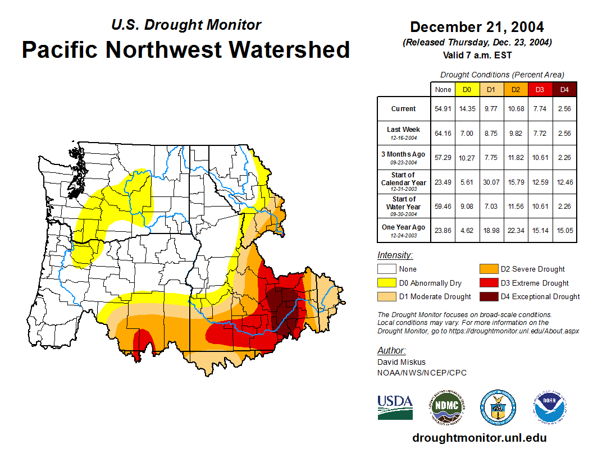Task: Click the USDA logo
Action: point(395,407)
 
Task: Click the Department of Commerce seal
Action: point(498,407)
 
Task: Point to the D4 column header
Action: point(564,89)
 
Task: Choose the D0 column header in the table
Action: point(467,89)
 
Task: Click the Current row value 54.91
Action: point(443,109)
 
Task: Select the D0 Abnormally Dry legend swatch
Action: point(387,283)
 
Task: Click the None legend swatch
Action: point(387,269)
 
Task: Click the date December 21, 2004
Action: point(477,27)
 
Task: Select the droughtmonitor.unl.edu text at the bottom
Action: point(479,438)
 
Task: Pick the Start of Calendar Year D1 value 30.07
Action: point(491,182)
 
